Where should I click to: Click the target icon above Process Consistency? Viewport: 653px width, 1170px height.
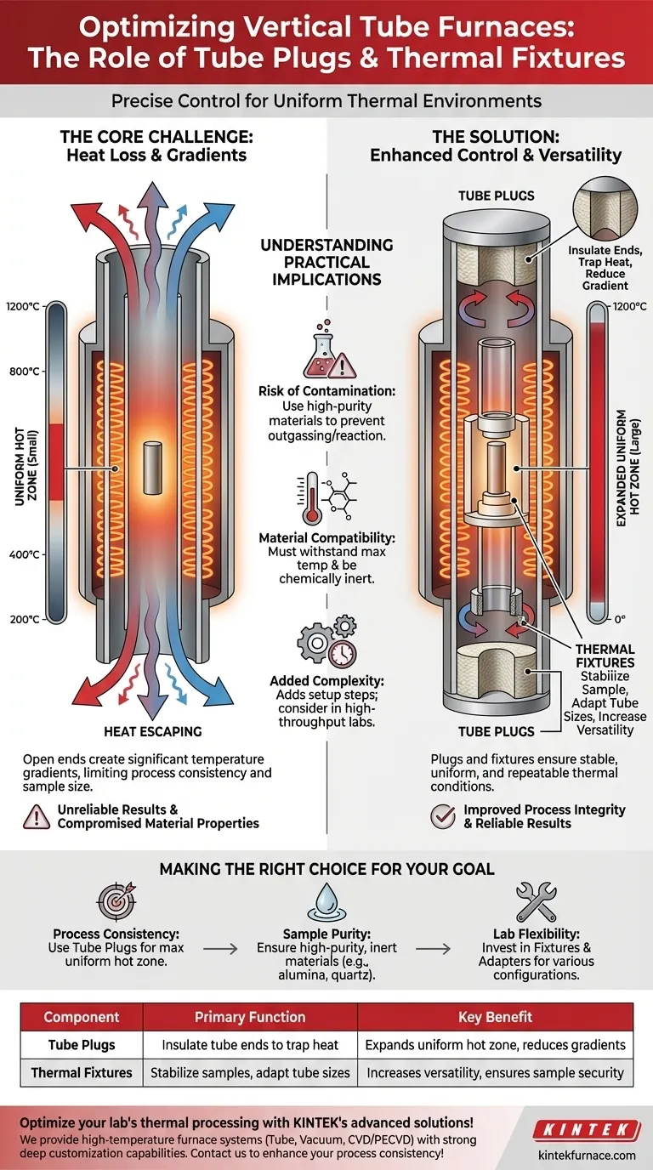click(x=112, y=904)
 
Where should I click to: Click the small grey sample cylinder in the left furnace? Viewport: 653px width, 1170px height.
click(x=153, y=467)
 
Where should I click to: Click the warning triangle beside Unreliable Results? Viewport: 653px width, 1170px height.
click(x=35, y=816)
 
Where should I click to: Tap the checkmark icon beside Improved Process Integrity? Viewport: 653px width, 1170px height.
click(x=442, y=816)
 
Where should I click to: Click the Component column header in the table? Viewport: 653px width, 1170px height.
click(x=81, y=1017)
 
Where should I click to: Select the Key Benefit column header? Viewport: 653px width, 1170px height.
click(x=496, y=1017)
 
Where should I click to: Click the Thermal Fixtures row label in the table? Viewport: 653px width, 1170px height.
click(x=81, y=1072)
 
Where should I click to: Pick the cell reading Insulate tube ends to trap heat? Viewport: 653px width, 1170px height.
click(x=250, y=1045)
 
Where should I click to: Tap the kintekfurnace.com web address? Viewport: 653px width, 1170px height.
click(x=587, y=1155)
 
